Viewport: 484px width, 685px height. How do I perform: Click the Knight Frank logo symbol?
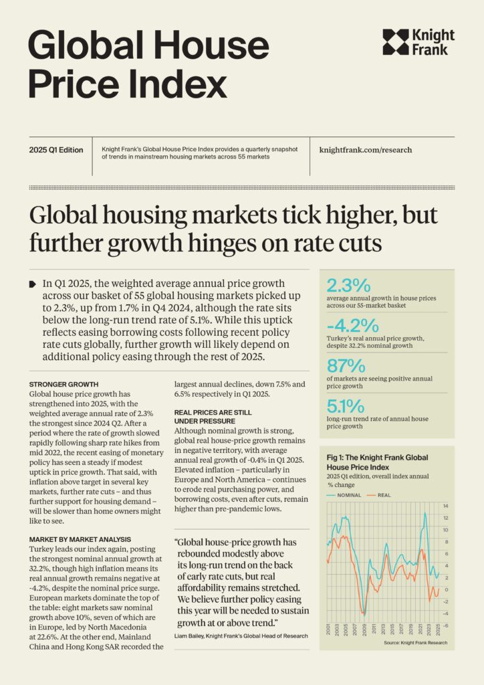click(396, 42)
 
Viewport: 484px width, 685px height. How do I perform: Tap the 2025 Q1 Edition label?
click(56, 150)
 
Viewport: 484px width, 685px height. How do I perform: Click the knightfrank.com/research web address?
click(366, 150)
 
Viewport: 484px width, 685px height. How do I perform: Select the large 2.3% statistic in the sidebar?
click(348, 286)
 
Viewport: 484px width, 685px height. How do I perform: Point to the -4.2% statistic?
click(352, 326)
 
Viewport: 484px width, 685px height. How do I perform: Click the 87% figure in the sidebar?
click(346, 366)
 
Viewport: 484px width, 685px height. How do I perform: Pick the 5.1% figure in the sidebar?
click(345, 406)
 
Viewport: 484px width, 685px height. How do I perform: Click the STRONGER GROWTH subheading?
click(64, 385)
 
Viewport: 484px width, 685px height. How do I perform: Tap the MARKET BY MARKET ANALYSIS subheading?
click(80, 540)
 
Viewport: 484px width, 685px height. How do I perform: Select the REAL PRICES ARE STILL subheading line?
click(213, 412)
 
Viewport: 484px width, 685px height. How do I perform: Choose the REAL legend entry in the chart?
click(379, 496)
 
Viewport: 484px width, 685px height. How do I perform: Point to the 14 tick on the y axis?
click(446, 506)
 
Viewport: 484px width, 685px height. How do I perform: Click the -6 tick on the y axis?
click(446, 625)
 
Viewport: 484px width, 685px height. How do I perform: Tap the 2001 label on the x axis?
click(328, 629)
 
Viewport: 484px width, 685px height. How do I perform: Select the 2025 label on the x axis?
click(438, 629)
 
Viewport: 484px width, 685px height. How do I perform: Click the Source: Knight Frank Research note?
click(416, 643)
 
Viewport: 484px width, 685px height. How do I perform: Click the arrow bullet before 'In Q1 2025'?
click(33, 284)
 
